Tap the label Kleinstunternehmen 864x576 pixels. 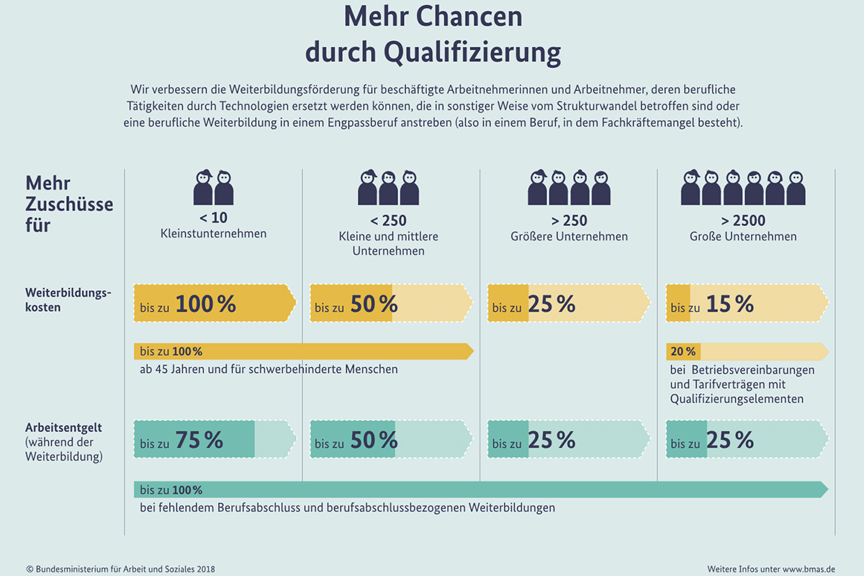[x=213, y=234]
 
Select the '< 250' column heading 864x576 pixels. [x=389, y=220]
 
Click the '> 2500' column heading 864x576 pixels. [x=743, y=220]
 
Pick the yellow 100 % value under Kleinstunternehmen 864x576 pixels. [x=205, y=304]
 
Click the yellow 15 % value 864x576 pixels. [x=730, y=304]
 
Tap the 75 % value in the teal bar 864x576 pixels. [x=199, y=440]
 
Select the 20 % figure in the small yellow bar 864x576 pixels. [x=683, y=352]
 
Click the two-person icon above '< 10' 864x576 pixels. [x=213, y=188]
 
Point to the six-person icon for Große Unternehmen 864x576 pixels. [x=743, y=188]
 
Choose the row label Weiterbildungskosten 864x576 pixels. [x=68, y=300]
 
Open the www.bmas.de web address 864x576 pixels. [x=811, y=569]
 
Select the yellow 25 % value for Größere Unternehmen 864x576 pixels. [x=552, y=304]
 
